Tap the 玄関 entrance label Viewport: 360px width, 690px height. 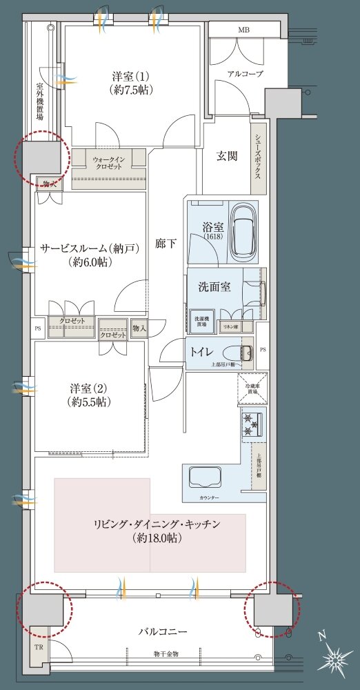tap(228, 157)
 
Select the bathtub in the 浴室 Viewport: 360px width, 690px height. tap(245, 230)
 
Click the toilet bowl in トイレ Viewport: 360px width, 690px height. tap(242, 351)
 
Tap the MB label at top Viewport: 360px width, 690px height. tap(244, 30)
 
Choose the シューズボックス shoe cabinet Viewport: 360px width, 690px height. tap(258, 157)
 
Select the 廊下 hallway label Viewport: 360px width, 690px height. tap(166, 243)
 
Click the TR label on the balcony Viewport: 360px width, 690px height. tap(39, 648)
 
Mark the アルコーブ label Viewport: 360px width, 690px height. tap(245, 74)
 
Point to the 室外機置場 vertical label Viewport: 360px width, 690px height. tap(40, 102)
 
